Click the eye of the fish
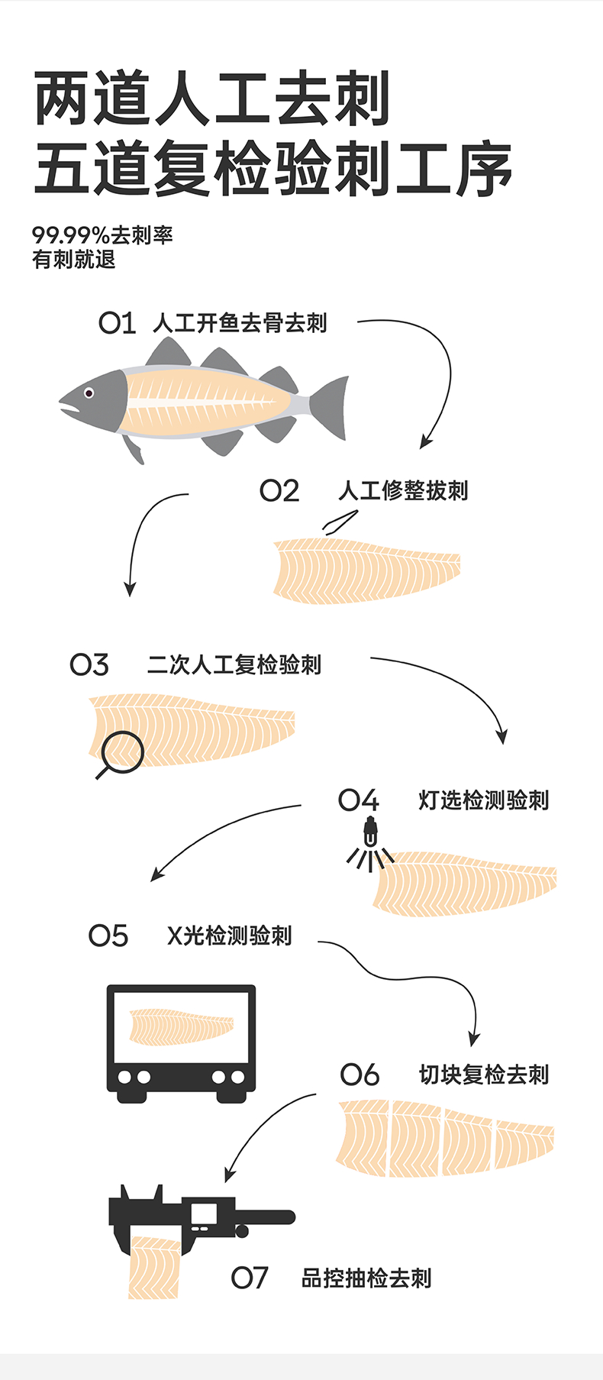coord(89,393)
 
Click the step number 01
coord(117,324)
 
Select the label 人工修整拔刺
coord(403,490)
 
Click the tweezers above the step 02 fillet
coord(340,522)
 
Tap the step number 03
coord(89,664)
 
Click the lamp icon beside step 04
coord(370,831)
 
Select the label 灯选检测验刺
coord(484,800)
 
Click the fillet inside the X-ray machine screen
coord(181,1026)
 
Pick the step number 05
coord(108,936)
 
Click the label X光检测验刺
coord(229,936)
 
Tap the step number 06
coord(360,1075)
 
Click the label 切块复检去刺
coord(484,1075)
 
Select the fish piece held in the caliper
coord(156,1268)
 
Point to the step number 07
coord(250,1278)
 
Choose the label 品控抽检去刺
coord(366,1278)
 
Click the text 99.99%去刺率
coord(102,235)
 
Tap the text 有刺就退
coord(74,260)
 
